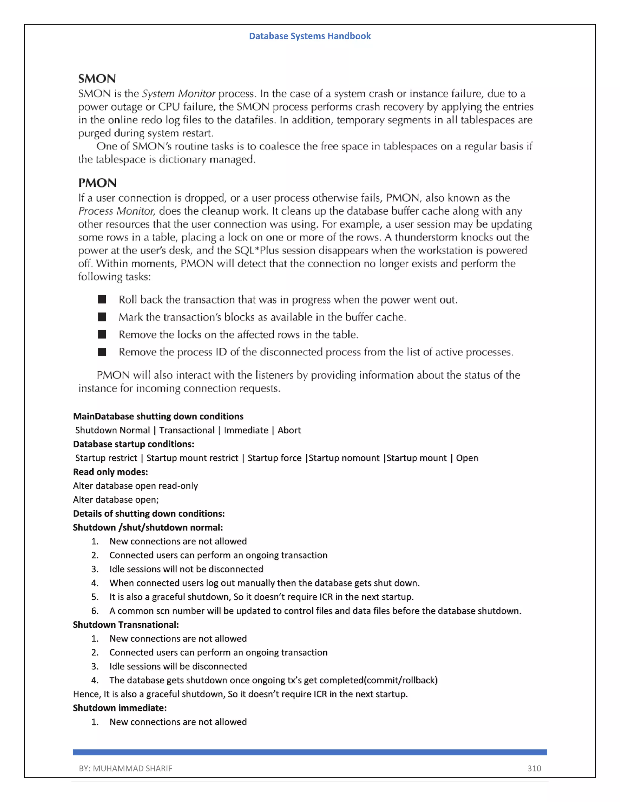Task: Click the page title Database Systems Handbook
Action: click(310, 36)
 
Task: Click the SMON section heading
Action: click(97, 79)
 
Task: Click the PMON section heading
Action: click(97, 183)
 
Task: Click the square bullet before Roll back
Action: click(102, 299)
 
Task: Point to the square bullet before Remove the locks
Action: click(102, 334)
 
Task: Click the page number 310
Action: click(534, 768)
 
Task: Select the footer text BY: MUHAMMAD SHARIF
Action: click(125, 768)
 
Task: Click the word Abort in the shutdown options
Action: click(289, 430)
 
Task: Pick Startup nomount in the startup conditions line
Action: click(344, 458)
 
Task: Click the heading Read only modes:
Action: click(110, 472)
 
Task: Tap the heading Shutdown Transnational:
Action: click(126, 625)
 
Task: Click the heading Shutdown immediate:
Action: click(119, 708)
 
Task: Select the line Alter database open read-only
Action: click(135, 486)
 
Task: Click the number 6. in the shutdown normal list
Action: click(95, 611)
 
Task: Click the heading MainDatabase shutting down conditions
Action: click(158, 416)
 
